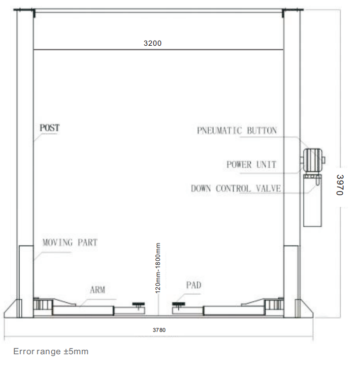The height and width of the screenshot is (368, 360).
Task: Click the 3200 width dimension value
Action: point(152,43)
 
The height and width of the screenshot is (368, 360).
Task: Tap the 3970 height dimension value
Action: point(340,185)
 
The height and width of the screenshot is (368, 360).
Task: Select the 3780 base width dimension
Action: point(159,330)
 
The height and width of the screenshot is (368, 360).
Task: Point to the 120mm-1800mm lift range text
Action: point(158,268)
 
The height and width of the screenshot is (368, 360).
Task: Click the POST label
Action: point(50,128)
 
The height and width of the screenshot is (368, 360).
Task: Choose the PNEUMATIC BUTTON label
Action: point(237,131)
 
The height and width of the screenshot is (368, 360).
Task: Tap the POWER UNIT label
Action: point(251,164)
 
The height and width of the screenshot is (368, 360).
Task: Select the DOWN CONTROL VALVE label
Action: point(236,189)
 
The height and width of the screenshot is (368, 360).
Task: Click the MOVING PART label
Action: point(70,242)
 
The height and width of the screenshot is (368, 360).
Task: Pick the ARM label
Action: point(97,290)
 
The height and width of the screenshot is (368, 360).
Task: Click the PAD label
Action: point(193,285)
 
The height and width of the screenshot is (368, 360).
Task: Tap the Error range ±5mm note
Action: point(51,352)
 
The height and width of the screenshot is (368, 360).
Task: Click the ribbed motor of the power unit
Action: point(313,161)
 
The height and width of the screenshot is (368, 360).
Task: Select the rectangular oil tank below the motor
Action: point(312,200)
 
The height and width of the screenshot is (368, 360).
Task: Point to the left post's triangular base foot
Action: point(11,309)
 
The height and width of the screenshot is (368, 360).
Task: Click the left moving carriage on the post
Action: point(26,281)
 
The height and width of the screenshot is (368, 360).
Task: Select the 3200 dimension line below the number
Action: point(158,49)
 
